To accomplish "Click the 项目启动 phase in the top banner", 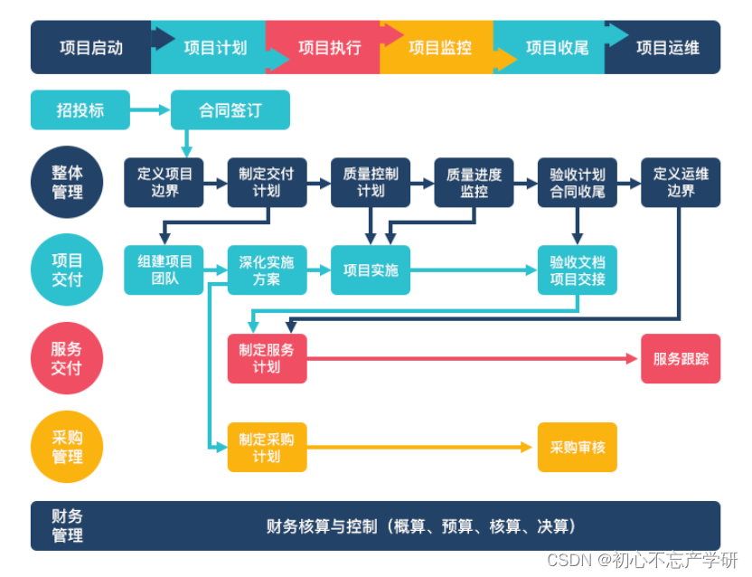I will click(90, 47).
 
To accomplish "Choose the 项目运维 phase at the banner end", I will click(667, 47).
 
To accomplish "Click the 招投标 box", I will click(80, 109).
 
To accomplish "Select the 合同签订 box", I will click(230, 109).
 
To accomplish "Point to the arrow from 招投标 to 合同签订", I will click(150, 109).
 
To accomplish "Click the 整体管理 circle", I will click(67, 182).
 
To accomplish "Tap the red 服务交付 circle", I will click(67, 358).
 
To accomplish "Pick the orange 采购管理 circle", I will click(67, 447).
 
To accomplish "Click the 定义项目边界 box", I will click(164, 182).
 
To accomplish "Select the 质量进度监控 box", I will click(474, 182).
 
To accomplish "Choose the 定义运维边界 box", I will click(681, 182).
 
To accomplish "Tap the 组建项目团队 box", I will click(164, 270).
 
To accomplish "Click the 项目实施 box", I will click(371, 270).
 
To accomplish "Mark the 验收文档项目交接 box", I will click(578, 270).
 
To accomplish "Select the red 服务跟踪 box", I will click(681, 358).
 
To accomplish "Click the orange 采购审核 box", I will click(578, 447).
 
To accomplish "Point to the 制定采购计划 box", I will click(267, 447).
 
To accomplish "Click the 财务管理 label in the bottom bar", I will click(67, 525).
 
